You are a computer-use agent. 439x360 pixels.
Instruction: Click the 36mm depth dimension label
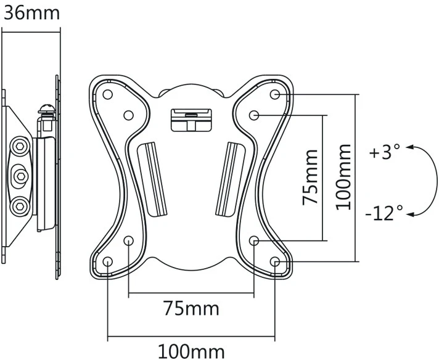click(31, 14)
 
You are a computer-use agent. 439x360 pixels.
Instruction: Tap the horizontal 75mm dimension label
click(192, 308)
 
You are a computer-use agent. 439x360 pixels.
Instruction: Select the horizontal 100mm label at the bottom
click(192, 351)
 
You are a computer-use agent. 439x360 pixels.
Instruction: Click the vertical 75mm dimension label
click(311, 178)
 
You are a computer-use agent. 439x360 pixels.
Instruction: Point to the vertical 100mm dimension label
click(343, 178)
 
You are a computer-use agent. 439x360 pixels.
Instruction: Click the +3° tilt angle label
click(385, 152)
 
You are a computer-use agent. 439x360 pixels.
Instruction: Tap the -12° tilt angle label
click(384, 213)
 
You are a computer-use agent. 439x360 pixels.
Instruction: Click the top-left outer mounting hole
click(108, 94)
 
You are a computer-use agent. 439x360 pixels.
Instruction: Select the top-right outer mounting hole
click(275, 94)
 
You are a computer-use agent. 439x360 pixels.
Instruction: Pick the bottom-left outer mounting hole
click(108, 262)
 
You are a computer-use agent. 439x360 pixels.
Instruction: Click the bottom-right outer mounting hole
click(275, 262)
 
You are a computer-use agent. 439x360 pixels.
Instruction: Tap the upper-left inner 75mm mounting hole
click(128, 115)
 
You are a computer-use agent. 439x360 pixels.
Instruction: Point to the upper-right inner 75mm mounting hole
click(254, 115)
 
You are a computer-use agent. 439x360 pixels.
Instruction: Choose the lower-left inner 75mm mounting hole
click(128, 240)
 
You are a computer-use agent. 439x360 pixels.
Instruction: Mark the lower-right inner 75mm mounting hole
click(254, 240)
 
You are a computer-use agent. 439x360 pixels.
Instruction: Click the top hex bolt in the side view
click(20, 146)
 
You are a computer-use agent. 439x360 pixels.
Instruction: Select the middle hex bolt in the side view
click(20, 176)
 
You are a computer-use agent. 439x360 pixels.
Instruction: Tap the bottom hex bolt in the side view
click(20, 207)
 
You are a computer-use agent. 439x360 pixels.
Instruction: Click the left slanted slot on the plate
click(152, 179)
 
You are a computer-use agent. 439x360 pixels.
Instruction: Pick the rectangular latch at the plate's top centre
click(191, 120)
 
